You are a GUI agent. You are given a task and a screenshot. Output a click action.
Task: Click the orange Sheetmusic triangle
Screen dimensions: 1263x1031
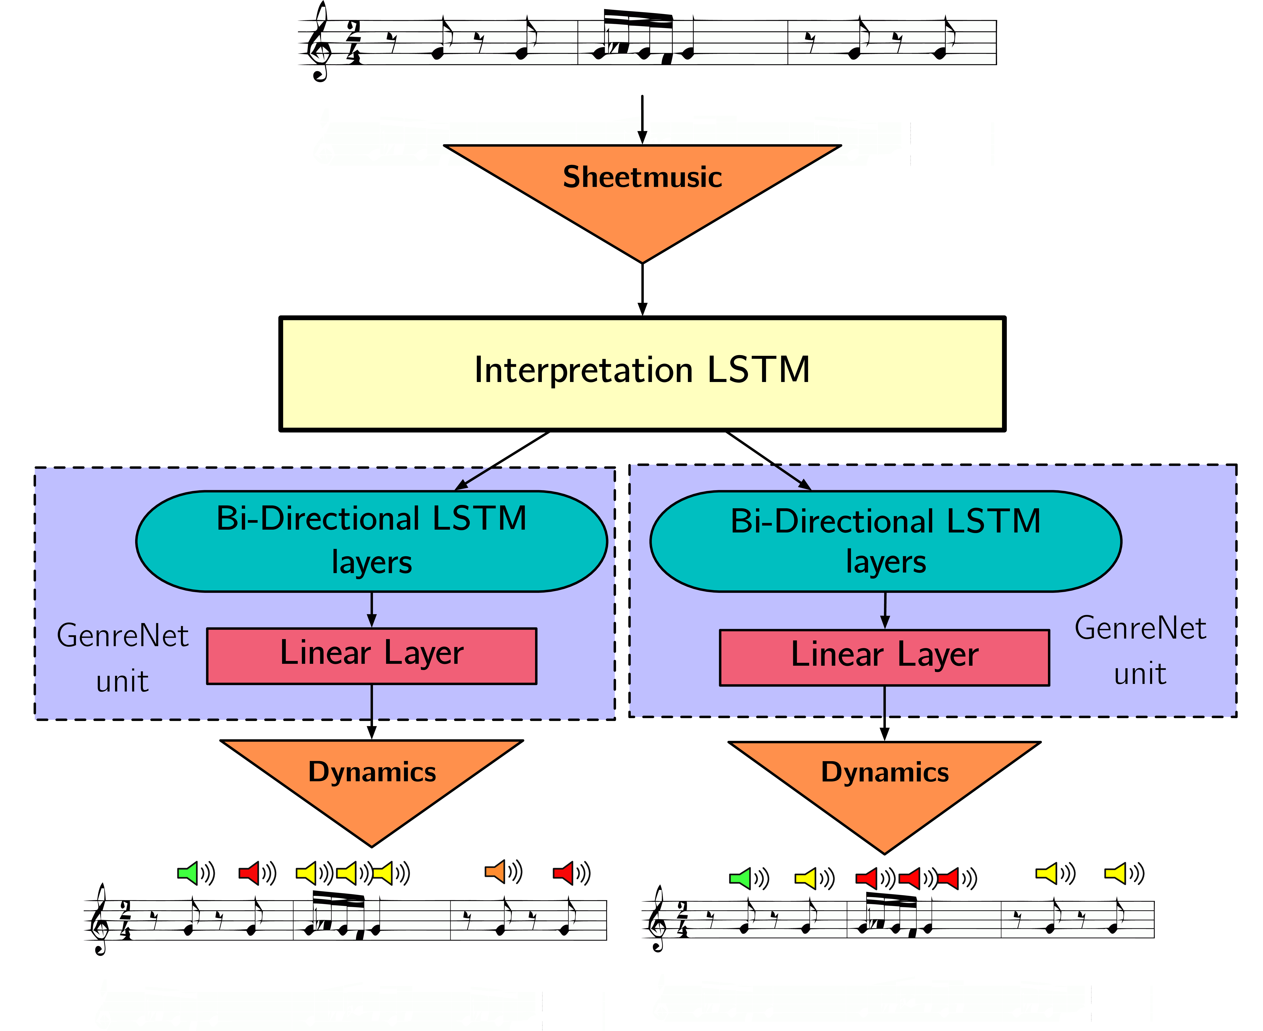642,190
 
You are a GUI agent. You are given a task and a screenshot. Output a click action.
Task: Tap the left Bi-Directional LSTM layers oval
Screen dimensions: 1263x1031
371,541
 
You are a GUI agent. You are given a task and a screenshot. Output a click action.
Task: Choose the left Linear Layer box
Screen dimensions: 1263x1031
371,656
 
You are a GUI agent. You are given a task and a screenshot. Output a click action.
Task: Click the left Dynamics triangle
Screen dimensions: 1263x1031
371,784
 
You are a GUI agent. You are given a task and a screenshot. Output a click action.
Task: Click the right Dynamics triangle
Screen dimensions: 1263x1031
885,787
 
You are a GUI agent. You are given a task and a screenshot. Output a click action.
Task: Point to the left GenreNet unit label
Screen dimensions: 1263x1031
122,657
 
